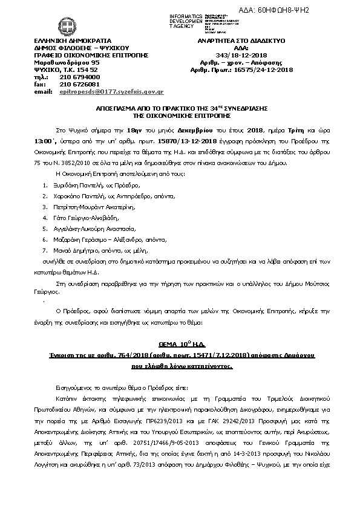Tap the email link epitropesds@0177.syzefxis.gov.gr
coord(103,91)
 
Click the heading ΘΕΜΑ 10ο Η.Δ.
coord(180,342)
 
